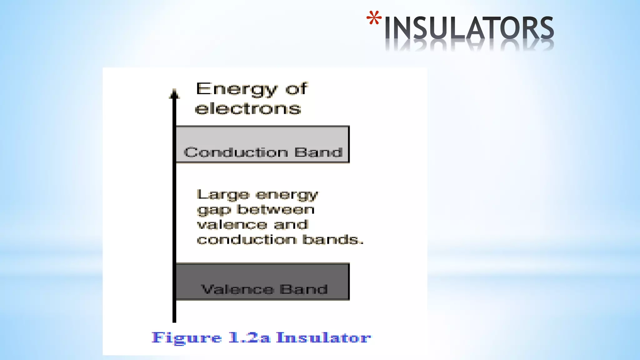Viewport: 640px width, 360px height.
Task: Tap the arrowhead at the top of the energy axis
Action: click(174, 93)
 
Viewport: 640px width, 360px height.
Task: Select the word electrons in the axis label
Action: click(248, 109)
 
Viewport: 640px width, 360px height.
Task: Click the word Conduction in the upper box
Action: click(236, 152)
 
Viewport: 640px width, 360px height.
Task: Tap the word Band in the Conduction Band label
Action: click(318, 152)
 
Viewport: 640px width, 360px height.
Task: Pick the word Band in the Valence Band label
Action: click(303, 289)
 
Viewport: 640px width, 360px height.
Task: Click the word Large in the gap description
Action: click(223, 195)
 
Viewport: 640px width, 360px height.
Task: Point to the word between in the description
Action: click(276, 209)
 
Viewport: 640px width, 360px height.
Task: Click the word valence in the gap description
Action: click(232, 225)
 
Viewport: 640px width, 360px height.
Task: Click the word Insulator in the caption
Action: click(324, 337)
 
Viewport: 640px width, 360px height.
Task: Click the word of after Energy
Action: click(296, 89)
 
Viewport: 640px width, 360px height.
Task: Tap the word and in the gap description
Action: click(291, 224)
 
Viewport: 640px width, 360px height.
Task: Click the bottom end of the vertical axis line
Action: click(174, 321)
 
